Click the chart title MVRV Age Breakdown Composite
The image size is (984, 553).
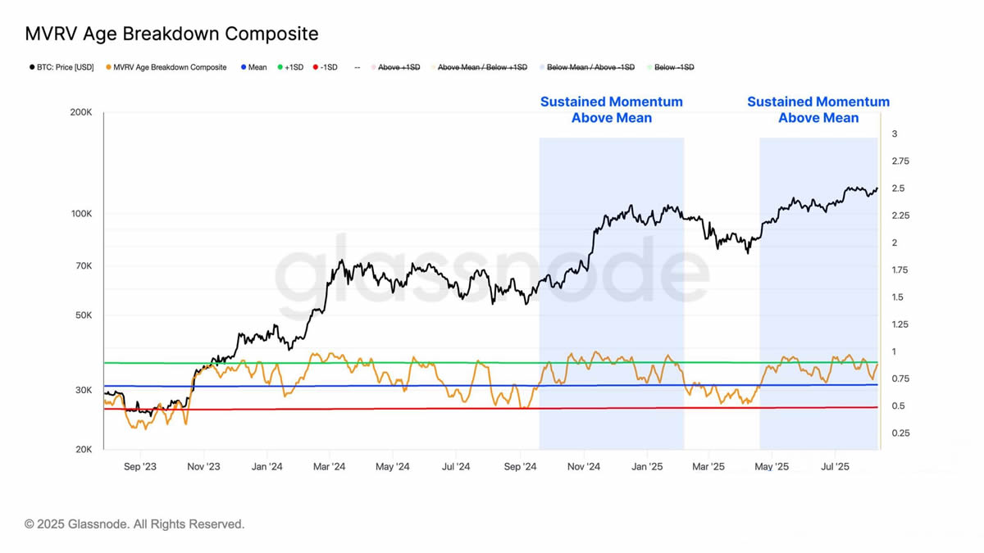click(x=171, y=34)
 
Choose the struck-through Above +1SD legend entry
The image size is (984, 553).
click(x=399, y=67)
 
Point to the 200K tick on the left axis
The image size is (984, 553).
click(x=80, y=112)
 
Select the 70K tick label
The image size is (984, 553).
click(x=83, y=266)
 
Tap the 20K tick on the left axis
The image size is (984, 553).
click(x=83, y=450)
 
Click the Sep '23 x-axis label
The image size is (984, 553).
click(x=139, y=467)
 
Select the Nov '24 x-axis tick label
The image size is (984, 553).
click(x=583, y=467)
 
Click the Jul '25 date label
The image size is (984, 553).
click(x=835, y=467)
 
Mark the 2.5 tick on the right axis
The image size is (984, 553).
click(x=899, y=188)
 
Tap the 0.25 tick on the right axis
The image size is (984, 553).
click(x=900, y=433)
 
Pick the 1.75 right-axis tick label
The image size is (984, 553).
click(x=900, y=270)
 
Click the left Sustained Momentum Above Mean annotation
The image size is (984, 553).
click(x=612, y=110)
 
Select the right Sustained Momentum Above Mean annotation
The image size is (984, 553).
click(x=818, y=110)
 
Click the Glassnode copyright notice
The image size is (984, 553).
click(x=134, y=524)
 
